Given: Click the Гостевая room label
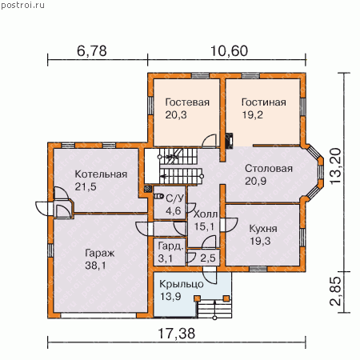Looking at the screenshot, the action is coord(187,102).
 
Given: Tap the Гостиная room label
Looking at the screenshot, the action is coord(264,102).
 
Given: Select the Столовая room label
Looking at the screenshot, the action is coord(269,169).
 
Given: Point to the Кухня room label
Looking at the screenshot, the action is coord(263,229).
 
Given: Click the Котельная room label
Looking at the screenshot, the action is coord(101,174).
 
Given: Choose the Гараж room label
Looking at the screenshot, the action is coord(100,254).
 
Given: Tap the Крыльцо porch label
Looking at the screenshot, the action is coord(182,284).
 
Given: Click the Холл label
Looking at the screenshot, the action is coord(206,214).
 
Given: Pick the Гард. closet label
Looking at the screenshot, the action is coord(171,246).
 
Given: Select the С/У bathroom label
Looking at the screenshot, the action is coord(175,198).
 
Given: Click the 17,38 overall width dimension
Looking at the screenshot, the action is coord(177,334).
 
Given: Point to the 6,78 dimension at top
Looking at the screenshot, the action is coord(92,51).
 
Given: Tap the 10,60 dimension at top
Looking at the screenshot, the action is coord(229,51).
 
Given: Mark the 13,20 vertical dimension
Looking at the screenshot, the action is coord(335,166).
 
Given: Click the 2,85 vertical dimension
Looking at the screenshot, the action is coord(335,291).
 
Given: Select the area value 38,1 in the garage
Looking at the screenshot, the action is coord(95,266).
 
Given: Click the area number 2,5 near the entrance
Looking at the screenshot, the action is coord(208,258).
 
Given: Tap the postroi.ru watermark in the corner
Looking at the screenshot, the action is coord(22,6).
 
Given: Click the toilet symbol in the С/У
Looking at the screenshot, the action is coord(158,197).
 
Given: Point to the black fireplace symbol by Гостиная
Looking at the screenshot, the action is coord(230,141).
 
